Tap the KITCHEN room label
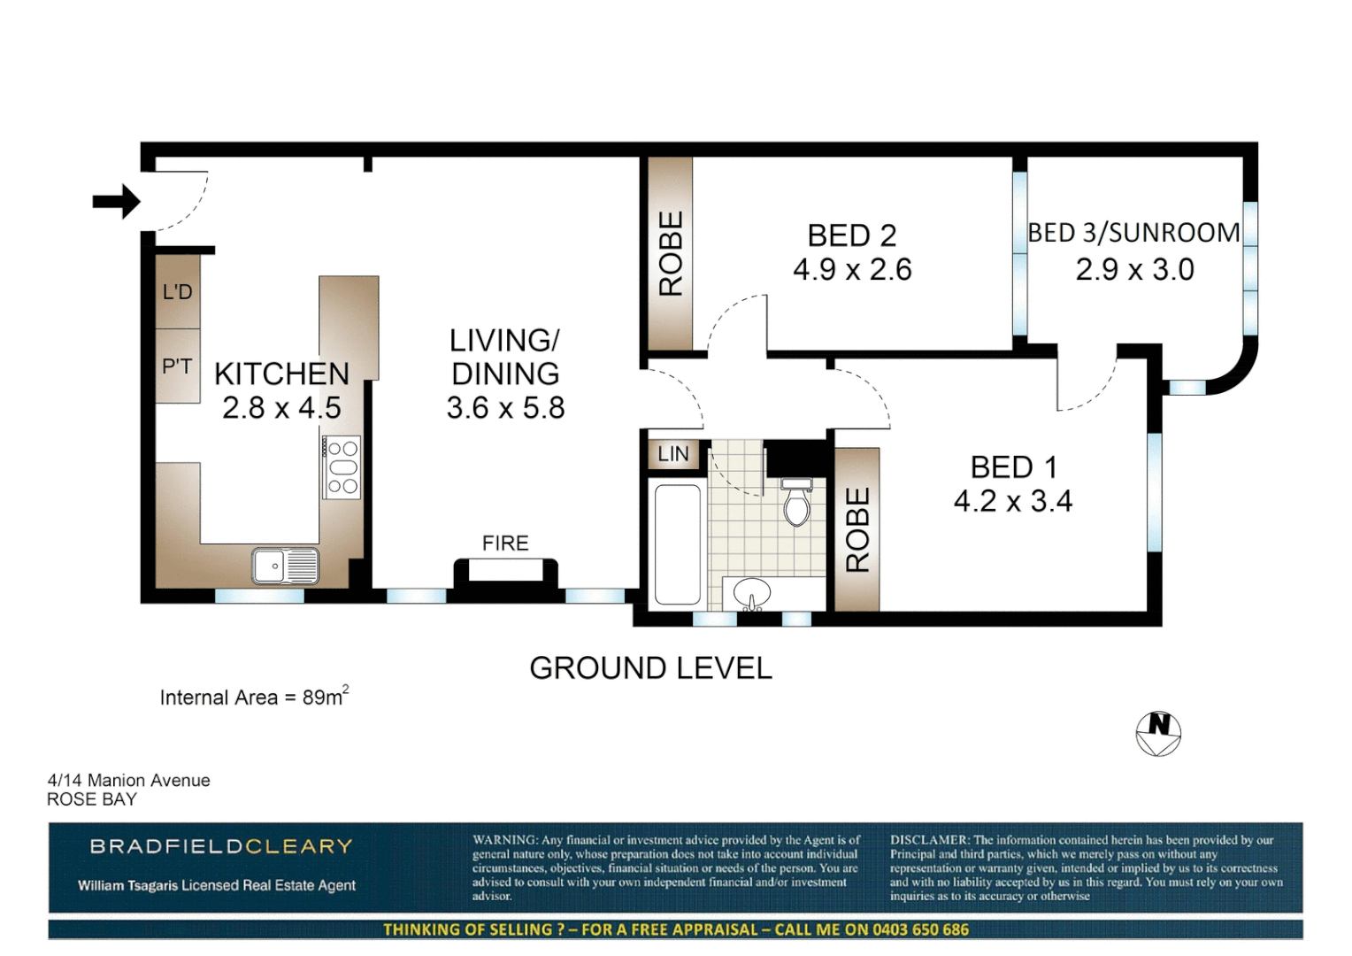coord(281,374)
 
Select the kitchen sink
coord(285,566)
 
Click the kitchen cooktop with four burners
coord(342,467)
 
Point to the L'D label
coord(177,292)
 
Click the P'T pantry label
coord(177,366)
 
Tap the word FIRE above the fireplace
coord(505,543)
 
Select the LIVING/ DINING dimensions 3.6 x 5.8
coord(505,408)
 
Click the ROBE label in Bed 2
coord(671,253)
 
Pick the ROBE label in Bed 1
coord(857,529)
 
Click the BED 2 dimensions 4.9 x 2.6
coord(852,269)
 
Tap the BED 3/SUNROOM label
coord(1133,233)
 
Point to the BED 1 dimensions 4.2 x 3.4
coord(1012,501)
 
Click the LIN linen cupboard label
coord(673,454)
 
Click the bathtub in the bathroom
coord(678,544)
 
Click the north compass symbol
coord(1158,733)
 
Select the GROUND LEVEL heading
coord(650,667)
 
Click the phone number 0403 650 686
coord(920,929)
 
